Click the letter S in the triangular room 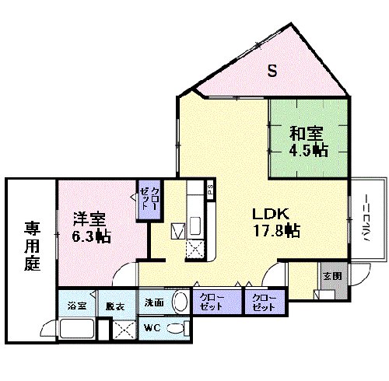click(272, 72)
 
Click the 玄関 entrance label click(331, 275)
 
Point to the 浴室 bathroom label click(75, 305)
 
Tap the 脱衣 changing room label click(115, 305)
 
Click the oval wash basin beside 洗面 click(179, 302)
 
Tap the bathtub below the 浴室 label click(75, 329)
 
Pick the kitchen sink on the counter click(195, 226)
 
